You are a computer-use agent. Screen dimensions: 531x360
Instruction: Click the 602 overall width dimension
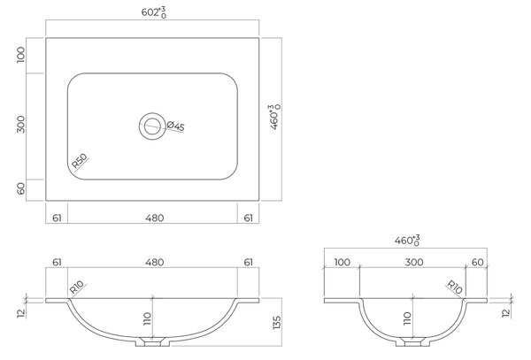point(154,12)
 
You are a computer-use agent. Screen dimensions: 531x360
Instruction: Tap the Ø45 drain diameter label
point(176,126)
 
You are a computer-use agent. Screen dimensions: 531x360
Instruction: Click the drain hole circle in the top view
point(152,126)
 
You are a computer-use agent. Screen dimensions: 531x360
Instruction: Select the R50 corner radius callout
point(80,161)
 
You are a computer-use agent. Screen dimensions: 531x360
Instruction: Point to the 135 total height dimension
point(277,323)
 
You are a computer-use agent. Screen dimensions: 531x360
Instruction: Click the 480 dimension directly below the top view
point(155,218)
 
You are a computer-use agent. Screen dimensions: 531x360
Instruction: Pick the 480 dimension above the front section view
point(155,262)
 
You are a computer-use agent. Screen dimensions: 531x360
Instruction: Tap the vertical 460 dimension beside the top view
point(274,117)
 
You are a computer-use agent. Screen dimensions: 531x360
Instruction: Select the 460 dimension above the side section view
point(407,241)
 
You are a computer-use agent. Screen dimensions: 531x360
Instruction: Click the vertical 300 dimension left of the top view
point(21,124)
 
